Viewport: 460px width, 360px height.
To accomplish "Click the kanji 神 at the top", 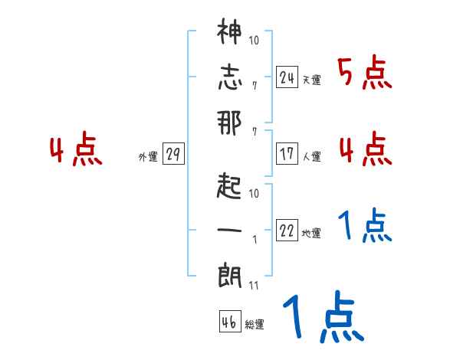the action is [x=229, y=33].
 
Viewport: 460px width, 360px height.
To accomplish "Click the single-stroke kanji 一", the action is [x=229, y=229].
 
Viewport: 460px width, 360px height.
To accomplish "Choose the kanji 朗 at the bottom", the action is [x=229, y=274].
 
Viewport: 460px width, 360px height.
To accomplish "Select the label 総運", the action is [x=254, y=325].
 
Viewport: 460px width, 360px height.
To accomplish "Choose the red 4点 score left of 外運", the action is [x=75, y=150].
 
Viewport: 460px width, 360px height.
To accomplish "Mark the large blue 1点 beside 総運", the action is [x=322, y=319].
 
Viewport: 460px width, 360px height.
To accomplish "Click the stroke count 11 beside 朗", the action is [x=252, y=286].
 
